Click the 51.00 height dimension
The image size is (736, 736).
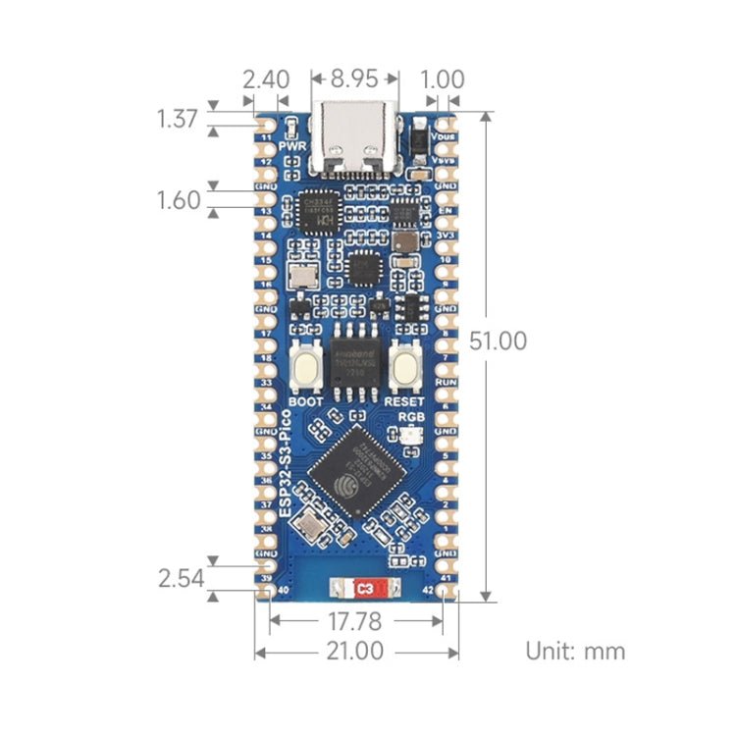coord(499,341)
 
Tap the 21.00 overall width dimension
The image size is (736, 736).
coord(355,651)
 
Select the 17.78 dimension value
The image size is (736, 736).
coord(355,621)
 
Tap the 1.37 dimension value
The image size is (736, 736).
coord(178,120)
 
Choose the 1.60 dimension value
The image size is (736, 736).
coord(178,200)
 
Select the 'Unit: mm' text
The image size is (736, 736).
coord(575,651)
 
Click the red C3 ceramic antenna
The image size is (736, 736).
coord(364,590)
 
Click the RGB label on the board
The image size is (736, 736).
coord(410,416)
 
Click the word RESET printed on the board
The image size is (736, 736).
coord(404,400)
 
